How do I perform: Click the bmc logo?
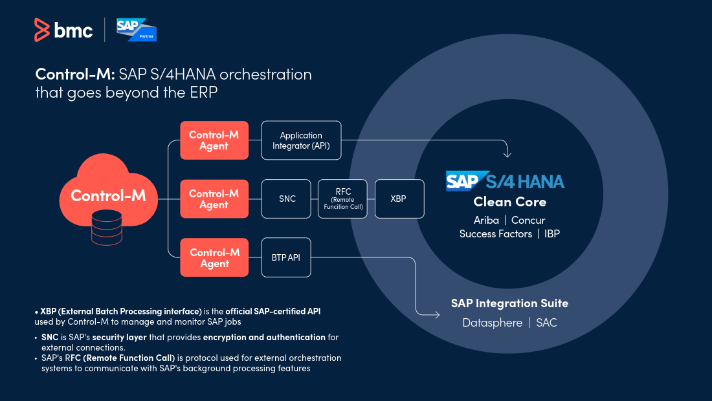click(63, 30)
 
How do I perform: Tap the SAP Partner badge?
click(136, 30)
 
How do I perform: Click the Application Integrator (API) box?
click(301, 140)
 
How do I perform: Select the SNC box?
click(286, 199)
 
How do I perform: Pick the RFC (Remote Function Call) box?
click(342, 199)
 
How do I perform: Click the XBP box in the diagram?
click(399, 199)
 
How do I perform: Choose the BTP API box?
click(286, 257)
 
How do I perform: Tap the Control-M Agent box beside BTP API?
click(214, 257)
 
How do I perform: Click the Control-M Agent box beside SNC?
click(214, 199)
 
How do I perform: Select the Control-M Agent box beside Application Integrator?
click(214, 140)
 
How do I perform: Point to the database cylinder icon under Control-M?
click(107, 228)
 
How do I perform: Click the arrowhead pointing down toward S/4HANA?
click(507, 155)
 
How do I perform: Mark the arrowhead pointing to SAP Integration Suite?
click(437, 314)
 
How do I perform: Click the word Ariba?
click(486, 220)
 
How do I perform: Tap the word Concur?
click(528, 220)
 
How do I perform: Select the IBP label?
click(551, 233)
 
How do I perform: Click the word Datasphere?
click(492, 323)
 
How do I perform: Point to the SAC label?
click(546, 323)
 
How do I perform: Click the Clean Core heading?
click(509, 202)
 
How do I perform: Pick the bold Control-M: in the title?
click(75, 74)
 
